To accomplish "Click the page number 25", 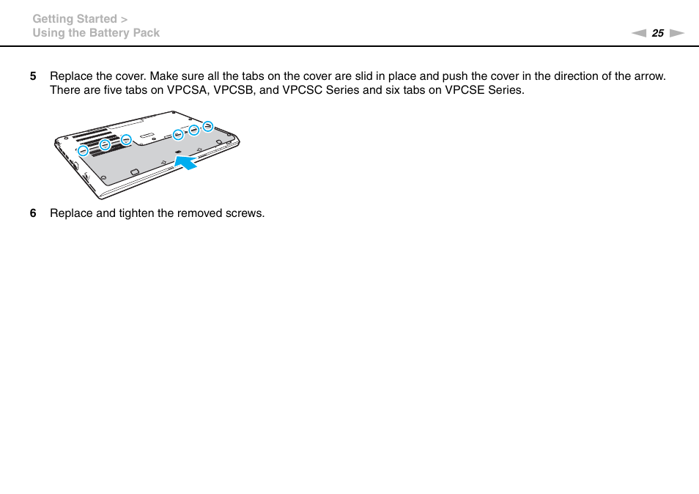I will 657,33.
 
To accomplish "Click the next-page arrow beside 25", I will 677,33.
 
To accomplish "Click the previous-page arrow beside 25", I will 639,33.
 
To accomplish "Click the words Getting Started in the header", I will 75,19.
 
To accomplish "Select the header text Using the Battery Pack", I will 96,33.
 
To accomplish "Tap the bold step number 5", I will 33,76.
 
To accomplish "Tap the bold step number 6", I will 33,213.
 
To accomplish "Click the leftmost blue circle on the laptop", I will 84,151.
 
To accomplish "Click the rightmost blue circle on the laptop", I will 208,126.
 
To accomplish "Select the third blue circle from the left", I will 126,139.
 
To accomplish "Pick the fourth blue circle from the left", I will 178,134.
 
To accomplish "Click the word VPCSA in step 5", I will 187,90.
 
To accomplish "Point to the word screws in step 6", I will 247,213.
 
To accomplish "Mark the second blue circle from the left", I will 105,145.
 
